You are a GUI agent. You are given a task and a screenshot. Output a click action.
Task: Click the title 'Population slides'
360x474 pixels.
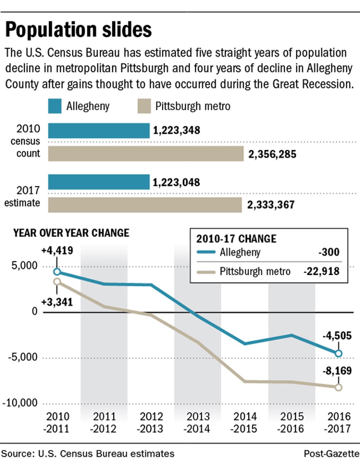point(78,30)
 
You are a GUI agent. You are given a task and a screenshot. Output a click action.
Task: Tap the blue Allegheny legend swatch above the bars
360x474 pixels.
point(55,106)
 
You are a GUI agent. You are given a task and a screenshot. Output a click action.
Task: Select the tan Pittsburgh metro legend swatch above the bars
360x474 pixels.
point(144,106)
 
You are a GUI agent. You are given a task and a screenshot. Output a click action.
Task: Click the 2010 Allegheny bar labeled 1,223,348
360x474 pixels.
point(99,130)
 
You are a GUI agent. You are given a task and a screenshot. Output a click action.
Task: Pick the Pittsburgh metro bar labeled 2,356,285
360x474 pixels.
point(146,154)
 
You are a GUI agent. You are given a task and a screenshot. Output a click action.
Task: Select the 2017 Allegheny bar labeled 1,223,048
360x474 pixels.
point(99,182)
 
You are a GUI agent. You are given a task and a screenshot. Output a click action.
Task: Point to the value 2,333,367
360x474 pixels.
point(271,205)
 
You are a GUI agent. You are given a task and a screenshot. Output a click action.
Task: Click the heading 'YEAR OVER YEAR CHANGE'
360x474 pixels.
point(71,233)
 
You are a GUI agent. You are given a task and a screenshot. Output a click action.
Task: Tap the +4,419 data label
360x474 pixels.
point(57,250)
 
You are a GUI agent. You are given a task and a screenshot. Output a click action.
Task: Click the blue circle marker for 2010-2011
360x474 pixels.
point(57,272)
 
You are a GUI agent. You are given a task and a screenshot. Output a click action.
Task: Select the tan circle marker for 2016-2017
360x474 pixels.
point(339,388)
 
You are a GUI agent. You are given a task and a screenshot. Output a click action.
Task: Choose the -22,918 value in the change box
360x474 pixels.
point(321,271)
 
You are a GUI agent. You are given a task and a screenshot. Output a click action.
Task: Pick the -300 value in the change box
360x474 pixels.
point(329,252)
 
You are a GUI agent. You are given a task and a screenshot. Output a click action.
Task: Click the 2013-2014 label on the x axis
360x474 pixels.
point(198,423)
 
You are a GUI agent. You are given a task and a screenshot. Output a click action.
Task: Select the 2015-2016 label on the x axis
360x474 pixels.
point(292,423)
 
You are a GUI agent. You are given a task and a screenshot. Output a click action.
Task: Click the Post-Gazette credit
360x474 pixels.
point(331,453)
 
